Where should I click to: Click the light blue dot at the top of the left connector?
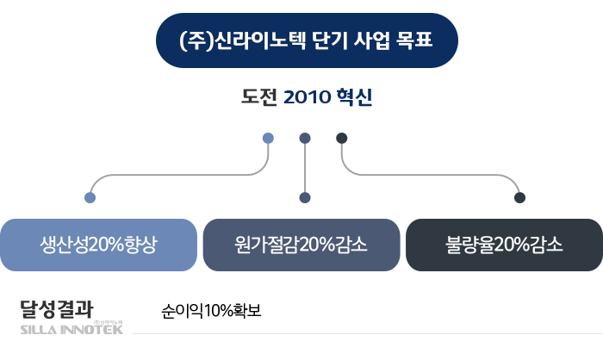click(268, 138)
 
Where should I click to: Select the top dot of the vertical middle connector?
click(304, 138)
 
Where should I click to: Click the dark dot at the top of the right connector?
click(341, 138)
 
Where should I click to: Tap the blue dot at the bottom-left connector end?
click(90, 197)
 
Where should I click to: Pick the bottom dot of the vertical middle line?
click(304, 197)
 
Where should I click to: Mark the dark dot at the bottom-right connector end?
click(519, 197)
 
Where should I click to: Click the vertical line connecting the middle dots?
click(304, 168)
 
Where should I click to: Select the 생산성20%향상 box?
click(99, 244)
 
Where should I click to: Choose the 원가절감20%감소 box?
click(301, 244)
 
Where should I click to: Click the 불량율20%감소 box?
click(504, 244)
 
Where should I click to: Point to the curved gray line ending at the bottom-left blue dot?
click(172, 175)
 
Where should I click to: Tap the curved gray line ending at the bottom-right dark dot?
click(431, 175)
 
